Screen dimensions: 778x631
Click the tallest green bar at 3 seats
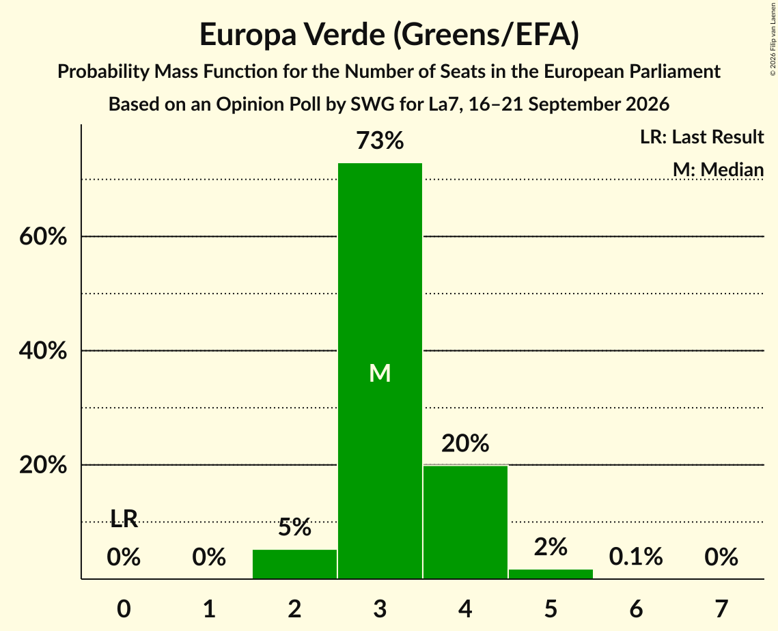(380, 371)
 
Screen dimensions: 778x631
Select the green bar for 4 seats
(465, 522)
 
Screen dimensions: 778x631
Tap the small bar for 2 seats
(294, 564)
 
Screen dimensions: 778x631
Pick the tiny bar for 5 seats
(551, 574)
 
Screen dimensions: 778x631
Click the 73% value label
(380, 141)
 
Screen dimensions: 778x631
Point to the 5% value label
(294, 527)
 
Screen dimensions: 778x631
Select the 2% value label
(551, 547)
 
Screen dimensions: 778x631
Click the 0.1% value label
(636, 557)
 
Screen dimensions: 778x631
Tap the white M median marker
(380, 373)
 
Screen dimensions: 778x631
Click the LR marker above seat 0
(124, 519)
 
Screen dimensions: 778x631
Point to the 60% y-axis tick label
(43, 236)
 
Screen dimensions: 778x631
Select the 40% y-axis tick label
(43, 351)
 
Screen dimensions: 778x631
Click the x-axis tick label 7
(721, 608)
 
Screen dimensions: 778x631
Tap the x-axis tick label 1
(210, 608)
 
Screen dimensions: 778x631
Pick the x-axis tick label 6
(636, 608)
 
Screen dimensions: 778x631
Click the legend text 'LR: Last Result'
(702, 137)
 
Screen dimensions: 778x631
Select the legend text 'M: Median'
(719, 169)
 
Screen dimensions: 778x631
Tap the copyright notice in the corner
(773, 39)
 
